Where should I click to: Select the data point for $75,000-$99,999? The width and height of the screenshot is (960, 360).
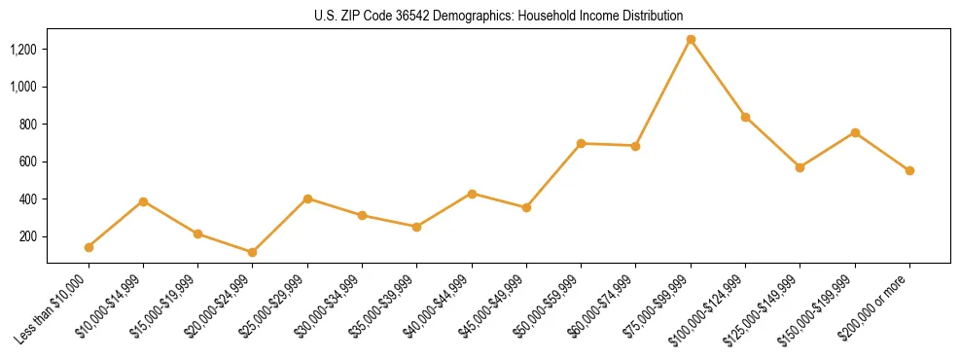click(x=691, y=40)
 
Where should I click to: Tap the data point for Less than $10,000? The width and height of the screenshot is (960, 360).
click(x=89, y=247)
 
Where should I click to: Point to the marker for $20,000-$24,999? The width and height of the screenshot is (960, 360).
click(x=253, y=252)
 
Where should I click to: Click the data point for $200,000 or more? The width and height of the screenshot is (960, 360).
click(x=909, y=170)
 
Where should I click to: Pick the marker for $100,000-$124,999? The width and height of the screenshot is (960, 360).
click(x=745, y=117)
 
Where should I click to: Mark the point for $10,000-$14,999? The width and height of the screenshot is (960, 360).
click(x=143, y=201)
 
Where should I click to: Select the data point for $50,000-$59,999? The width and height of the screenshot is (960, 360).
click(x=581, y=143)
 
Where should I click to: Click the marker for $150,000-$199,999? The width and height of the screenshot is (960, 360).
click(x=855, y=132)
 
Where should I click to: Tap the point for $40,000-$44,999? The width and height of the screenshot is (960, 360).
click(x=472, y=194)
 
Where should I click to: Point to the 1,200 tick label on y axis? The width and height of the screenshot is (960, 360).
click(x=23, y=50)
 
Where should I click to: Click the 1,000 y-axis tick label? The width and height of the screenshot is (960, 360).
click(x=23, y=87)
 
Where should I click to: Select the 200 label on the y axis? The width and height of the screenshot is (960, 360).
click(x=29, y=236)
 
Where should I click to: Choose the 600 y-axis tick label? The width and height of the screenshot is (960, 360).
click(x=29, y=162)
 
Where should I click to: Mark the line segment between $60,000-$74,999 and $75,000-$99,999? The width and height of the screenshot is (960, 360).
click(x=663, y=92)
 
